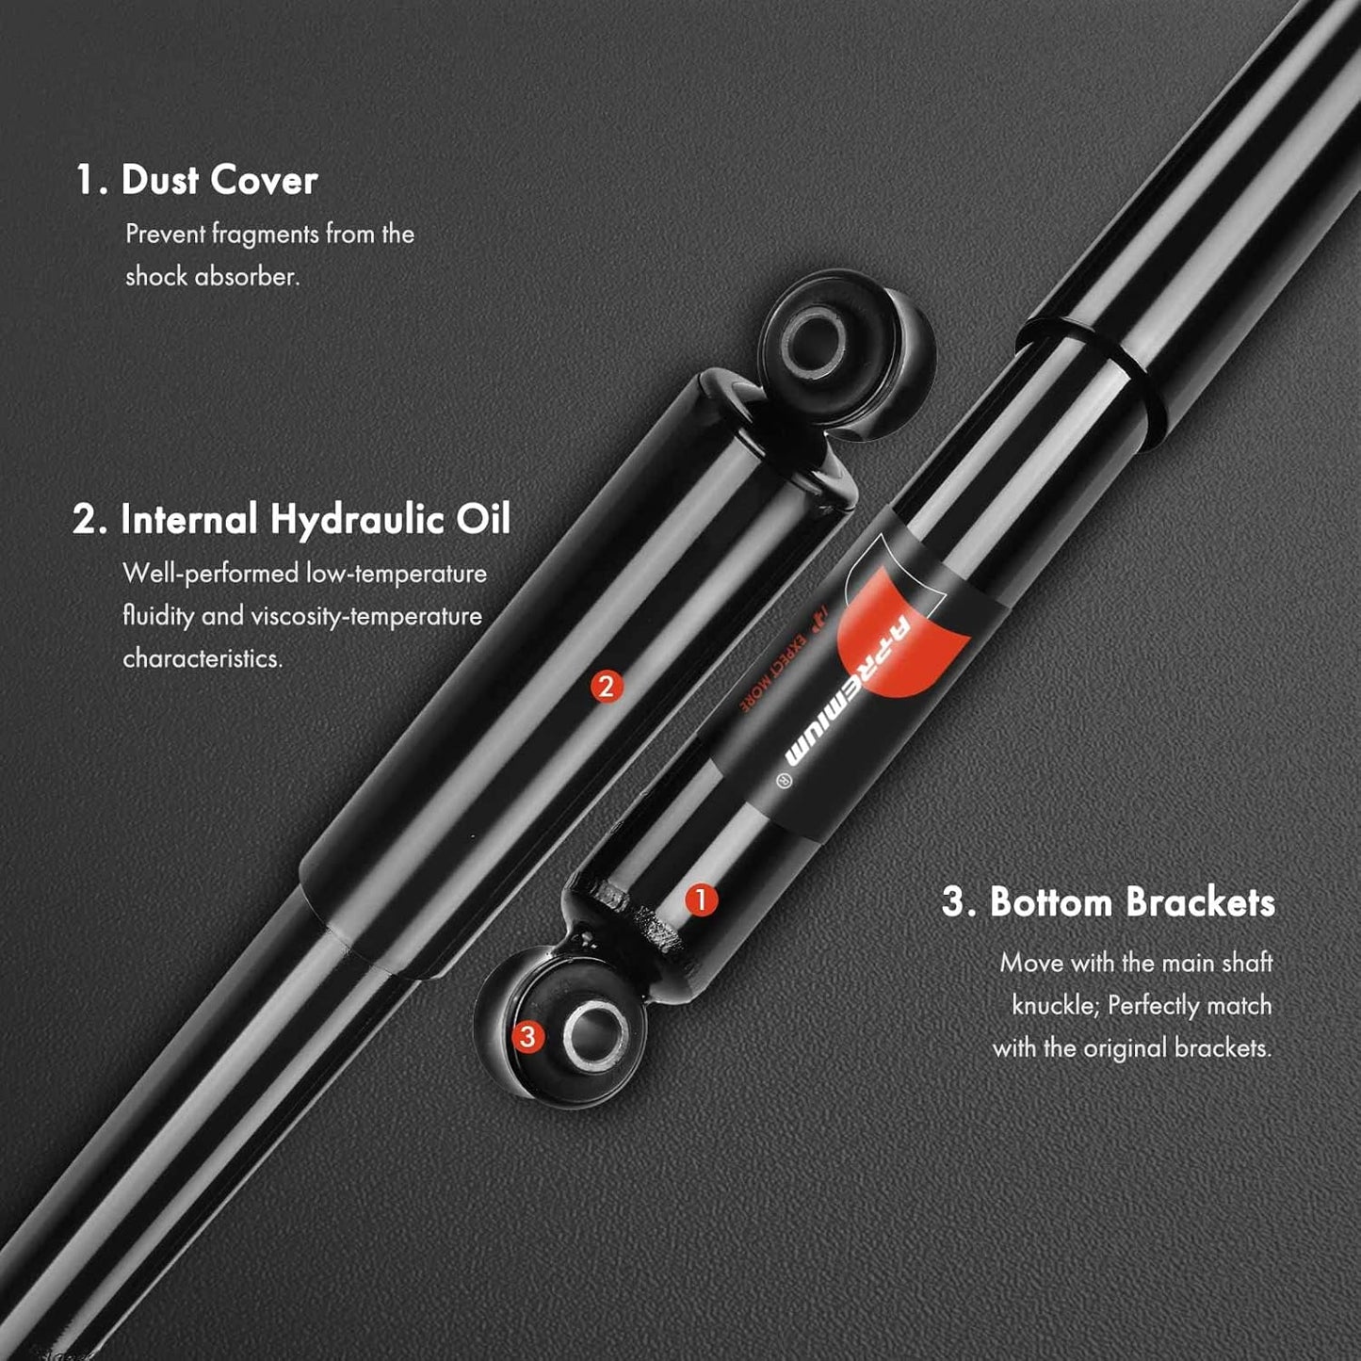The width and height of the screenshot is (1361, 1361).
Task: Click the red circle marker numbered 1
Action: click(701, 899)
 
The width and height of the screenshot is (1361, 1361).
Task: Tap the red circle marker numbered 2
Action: click(607, 686)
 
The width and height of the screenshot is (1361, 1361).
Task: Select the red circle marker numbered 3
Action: click(527, 1037)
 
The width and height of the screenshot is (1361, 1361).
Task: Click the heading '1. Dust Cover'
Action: click(197, 180)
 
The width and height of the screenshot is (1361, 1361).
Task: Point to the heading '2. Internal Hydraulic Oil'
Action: click(291, 520)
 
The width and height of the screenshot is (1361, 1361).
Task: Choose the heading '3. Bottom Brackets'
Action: click(1109, 902)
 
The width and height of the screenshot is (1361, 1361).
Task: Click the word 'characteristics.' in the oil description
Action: click(203, 658)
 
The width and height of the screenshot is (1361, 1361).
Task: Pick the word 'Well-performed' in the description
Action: click(211, 574)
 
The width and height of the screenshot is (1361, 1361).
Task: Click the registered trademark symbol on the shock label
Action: click(783, 781)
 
